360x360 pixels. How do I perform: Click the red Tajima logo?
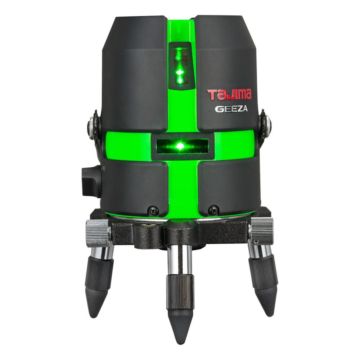tap(229, 95)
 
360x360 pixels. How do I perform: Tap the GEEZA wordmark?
tap(231, 109)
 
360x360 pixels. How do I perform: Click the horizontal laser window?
tap(183, 146)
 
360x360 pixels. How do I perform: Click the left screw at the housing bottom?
tap(152, 209)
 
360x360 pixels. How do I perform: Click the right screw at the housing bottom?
tap(213, 209)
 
